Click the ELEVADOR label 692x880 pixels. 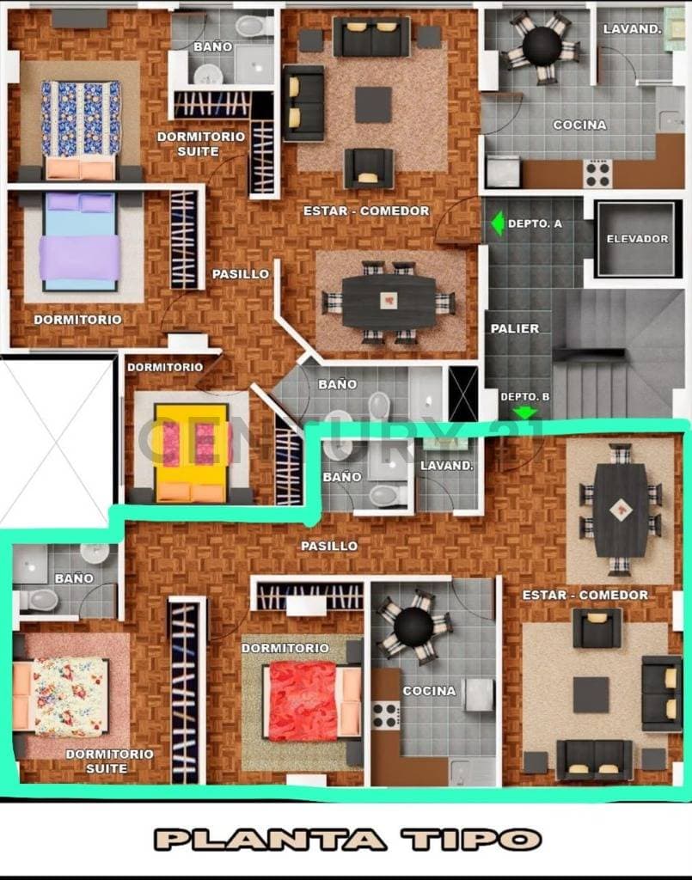pyautogui.click(x=637, y=239)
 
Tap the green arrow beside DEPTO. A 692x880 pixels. pyautogui.click(x=498, y=223)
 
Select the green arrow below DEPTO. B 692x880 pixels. pyautogui.click(x=525, y=412)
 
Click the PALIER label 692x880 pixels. pyautogui.click(x=515, y=328)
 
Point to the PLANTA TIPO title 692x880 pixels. pyautogui.click(x=347, y=840)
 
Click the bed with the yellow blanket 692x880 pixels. pyautogui.click(x=192, y=453)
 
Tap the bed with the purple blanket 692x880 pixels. pyautogui.click(x=81, y=241)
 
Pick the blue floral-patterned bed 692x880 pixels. pyautogui.click(x=81, y=129)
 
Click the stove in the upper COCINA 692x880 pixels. pyautogui.click(x=598, y=174)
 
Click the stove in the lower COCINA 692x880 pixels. pyautogui.click(x=387, y=715)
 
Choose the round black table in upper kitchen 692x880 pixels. pyautogui.click(x=542, y=48)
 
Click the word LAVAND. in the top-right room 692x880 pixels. pyautogui.click(x=633, y=29)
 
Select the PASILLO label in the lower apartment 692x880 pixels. pyautogui.click(x=329, y=546)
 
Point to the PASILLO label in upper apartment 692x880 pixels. pyautogui.click(x=241, y=274)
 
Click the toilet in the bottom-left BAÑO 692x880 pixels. pyautogui.click(x=40, y=600)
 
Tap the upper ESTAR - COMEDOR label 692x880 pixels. pyautogui.click(x=366, y=211)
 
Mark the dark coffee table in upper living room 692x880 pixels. pyautogui.click(x=373, y=104)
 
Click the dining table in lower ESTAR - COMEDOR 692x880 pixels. pyautogui.click(x=621, y=510)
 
